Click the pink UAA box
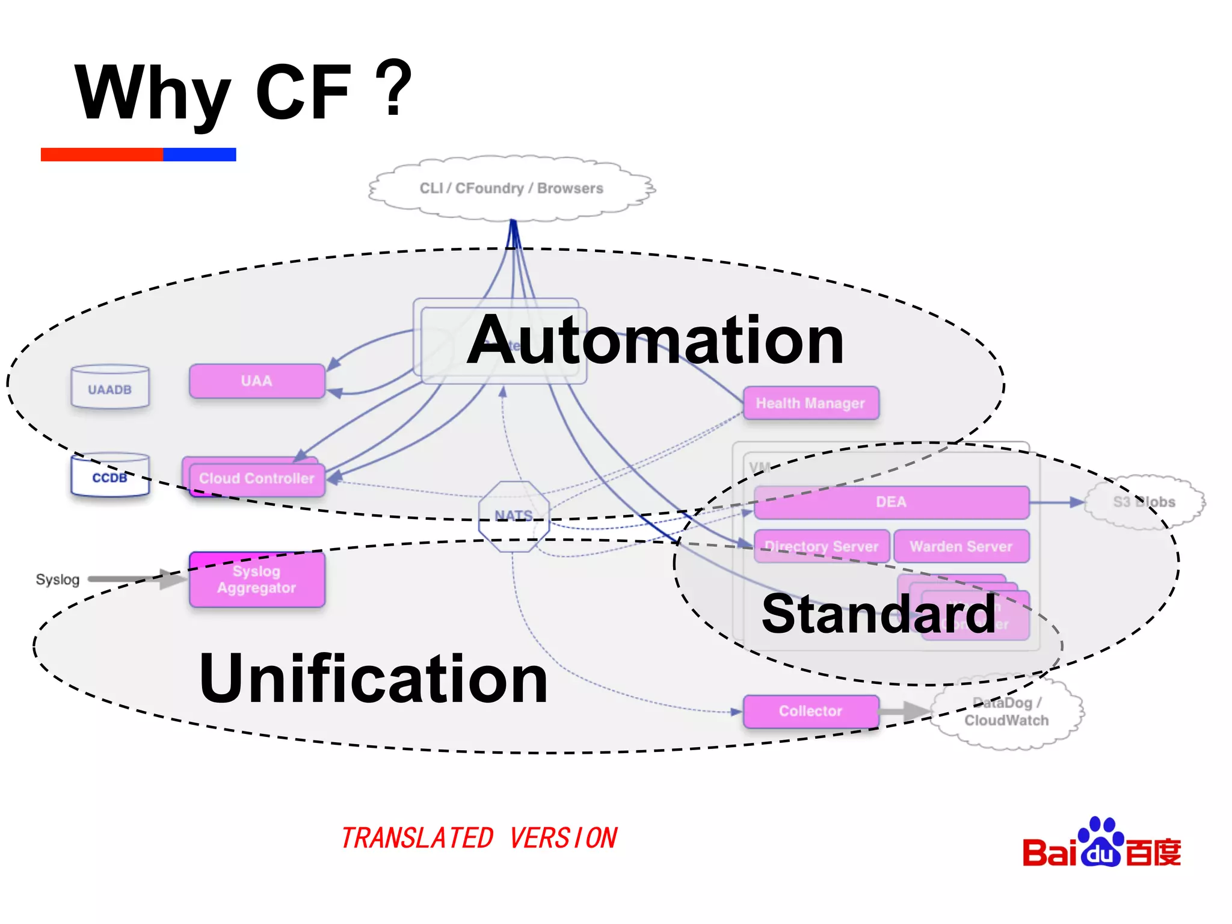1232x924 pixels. [257, 381]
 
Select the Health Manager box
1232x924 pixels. [810, 403]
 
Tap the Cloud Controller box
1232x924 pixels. [256, 478]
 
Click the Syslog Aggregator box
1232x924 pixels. [257, 579]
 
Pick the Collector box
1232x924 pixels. [810, 711]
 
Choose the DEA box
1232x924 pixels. [891, 502]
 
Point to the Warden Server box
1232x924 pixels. [961, 546]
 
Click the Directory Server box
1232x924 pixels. [821, 546]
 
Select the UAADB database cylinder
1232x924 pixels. [109, 388]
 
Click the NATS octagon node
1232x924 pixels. [514, 516]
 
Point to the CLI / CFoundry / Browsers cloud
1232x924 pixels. [511, 188]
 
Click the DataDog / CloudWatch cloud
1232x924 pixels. [1006, 712]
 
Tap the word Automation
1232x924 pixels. [655, 340]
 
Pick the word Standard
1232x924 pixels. [878, 614]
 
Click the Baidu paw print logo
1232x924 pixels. [1101, 842]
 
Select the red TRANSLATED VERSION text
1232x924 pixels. [479, 838]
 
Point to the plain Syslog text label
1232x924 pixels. [58, 579]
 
